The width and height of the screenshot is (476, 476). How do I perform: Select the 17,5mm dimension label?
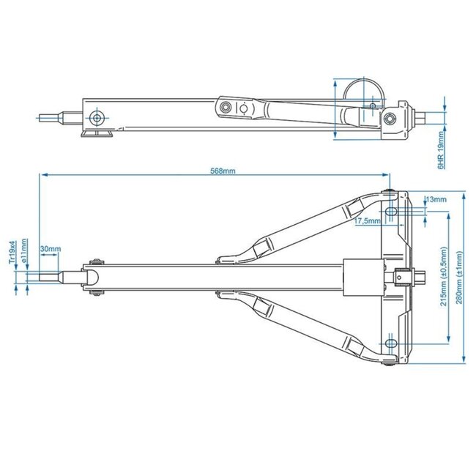[x=367, y=220]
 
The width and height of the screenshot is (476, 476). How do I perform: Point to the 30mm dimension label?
[x=51, y=249]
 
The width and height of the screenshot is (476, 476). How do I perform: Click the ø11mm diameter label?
[x=24, y=251]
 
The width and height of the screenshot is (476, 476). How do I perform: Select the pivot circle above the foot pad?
[x=96, y=118]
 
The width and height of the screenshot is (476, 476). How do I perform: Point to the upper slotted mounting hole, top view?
[x=392, y=212]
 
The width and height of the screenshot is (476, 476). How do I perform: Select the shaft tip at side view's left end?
[x=50, y=117]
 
